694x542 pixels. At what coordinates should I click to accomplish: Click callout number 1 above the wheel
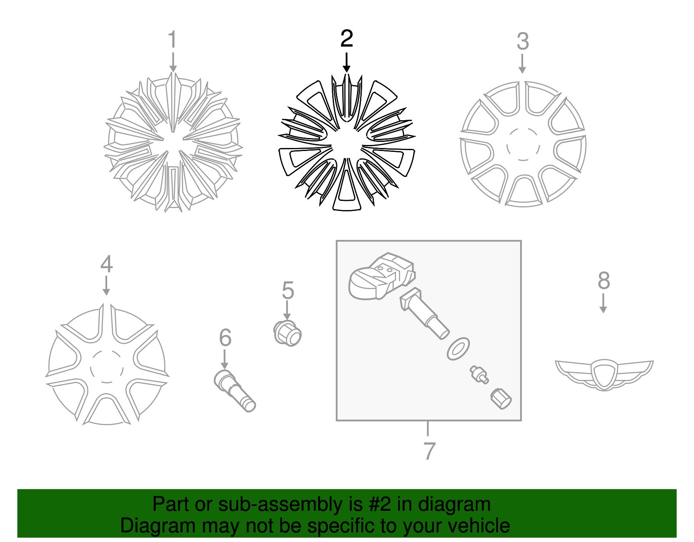173,40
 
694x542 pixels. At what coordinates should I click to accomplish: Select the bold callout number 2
347,39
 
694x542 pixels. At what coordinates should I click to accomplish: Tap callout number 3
523,42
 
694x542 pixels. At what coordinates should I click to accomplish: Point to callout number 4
106,264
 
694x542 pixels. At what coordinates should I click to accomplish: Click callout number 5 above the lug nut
288,290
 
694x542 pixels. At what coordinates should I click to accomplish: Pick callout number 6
225,338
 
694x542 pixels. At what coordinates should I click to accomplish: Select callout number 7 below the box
429,451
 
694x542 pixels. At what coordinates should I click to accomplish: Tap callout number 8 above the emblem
604,281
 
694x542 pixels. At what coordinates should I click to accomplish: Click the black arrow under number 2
346,62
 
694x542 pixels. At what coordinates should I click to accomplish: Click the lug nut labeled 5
288,333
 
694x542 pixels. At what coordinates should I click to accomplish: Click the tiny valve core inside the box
479,374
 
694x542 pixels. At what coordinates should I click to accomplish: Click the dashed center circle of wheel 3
523,145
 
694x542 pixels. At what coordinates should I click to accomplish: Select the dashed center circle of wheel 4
107,366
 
